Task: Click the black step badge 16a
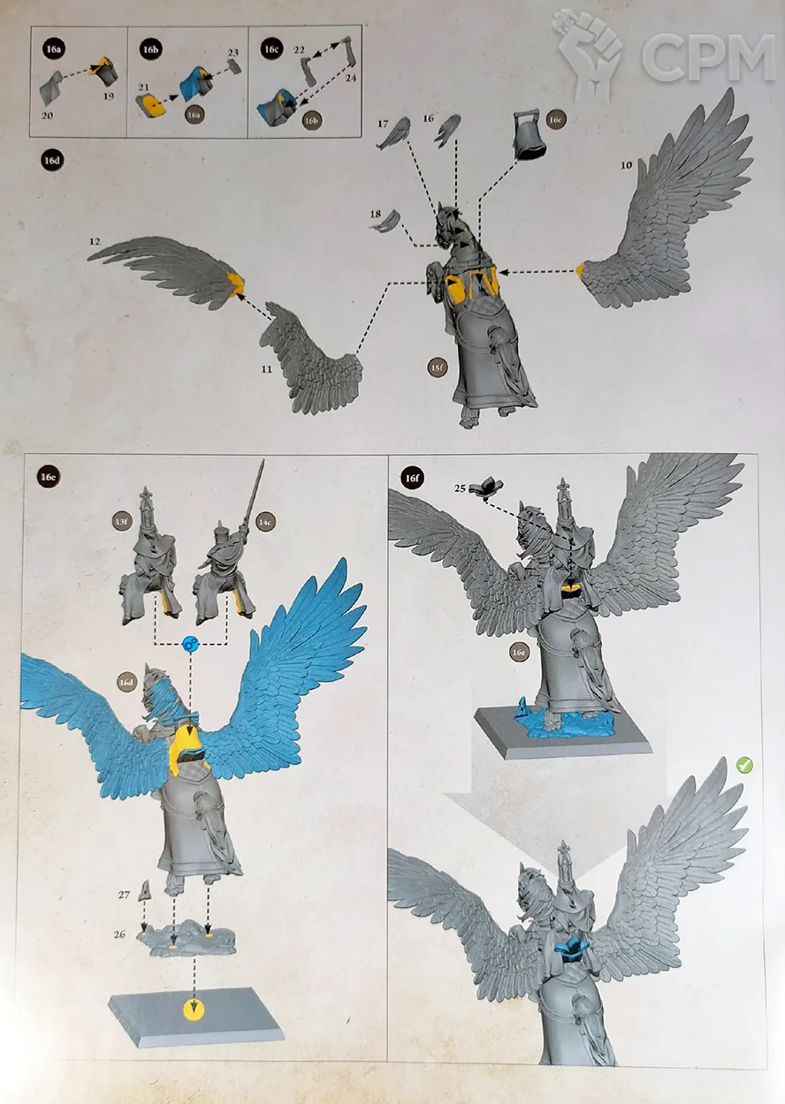click(x=54, y=49)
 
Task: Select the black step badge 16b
click(x=150, y=49)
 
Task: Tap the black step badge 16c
click(x=271, y=49)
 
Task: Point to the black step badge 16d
click(x=52, y=160)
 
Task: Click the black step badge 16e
click(x=49, y=477)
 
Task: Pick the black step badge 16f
click(x=412, y=478)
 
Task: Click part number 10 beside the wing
click(x=626, y=165)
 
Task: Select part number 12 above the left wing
click(x=95, y=241)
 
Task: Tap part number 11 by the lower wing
click(x=266, y=368)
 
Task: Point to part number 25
click(x=460, y=488)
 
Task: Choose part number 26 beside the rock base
click(x=119, y=934)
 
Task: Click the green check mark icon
click(x=744, y=765)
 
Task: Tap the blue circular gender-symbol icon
click(x=190, y=644)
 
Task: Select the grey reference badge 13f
click(x=122, y=520)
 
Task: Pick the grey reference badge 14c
click(x=265, y=521)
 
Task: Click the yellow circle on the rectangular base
click(x=194, y=1009)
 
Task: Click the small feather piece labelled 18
click(x=385, y=222)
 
